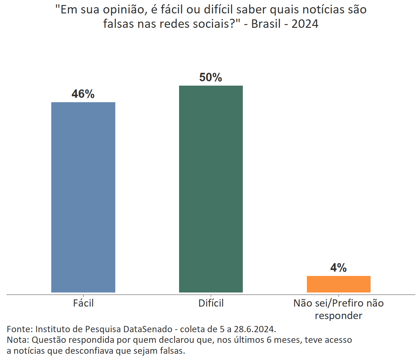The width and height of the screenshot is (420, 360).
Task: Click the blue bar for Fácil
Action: (83, 197)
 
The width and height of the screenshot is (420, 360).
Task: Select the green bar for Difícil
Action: (211, 189)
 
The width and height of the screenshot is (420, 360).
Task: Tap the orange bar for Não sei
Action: (338, 284)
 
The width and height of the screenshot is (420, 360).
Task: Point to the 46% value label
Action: (83, 94)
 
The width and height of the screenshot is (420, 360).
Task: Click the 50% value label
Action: (211, 77)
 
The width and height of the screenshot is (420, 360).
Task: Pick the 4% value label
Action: (338, 267)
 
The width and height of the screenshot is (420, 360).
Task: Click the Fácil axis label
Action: (83, 303)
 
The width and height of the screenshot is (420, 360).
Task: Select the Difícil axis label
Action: (211, 303)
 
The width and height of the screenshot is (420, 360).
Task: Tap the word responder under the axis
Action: (338, 316)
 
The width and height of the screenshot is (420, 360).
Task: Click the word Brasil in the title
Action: (266, 24)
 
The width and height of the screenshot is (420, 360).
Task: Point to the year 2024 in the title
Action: (305, 24)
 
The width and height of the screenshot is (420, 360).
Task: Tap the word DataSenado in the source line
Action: (148, 329)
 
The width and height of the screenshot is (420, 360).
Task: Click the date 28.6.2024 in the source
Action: (255, 329)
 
